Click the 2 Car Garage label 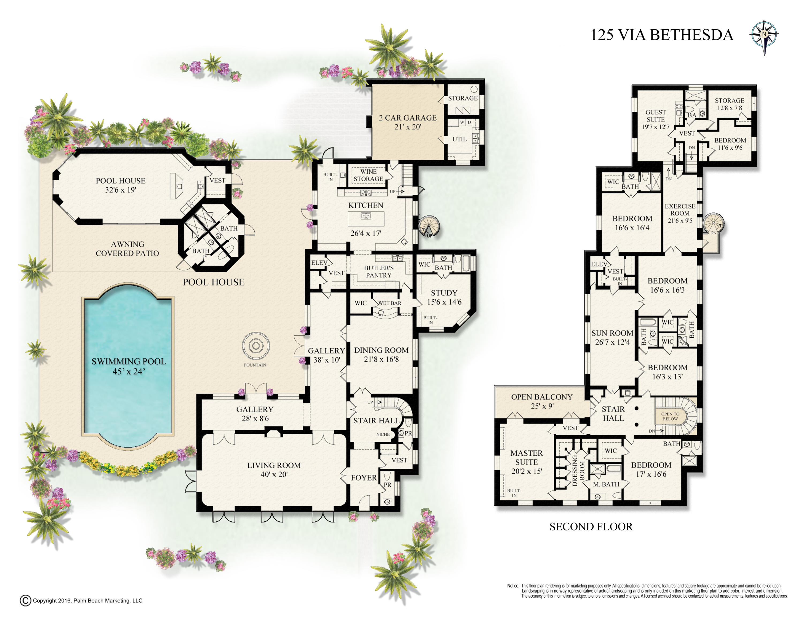point(408,122)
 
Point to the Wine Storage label point(368,175)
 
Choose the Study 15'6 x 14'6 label point(444,297)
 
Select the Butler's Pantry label point(379,271)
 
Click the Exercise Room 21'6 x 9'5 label point(680,213)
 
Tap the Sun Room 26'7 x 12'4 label point(612,337)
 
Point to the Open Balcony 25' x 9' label point(541,401)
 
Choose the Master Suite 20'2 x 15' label point(527,462)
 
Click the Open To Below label point(670,416)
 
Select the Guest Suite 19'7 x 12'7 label point(656,119)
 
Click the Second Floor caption point(591,527)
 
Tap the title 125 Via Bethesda point(661,35)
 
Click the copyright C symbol point(25,600)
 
